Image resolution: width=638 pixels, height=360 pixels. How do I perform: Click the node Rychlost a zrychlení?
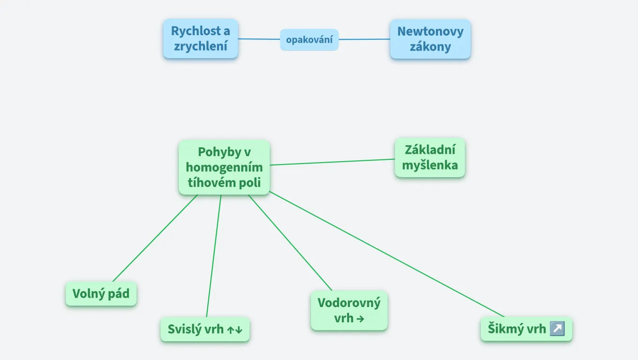pos(200,38)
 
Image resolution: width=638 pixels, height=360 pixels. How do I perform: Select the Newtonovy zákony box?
pos(430,39)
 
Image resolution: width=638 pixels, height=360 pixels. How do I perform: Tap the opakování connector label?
pos(309,40)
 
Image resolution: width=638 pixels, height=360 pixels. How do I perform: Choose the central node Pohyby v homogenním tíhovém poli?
pos(224,167)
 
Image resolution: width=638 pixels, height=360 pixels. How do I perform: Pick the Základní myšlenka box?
pos(430,157)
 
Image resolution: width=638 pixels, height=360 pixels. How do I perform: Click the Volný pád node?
pos(101,294)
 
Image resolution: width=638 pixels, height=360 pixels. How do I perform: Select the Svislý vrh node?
pos(205,329)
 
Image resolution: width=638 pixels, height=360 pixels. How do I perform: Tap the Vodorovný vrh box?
pos(349,310)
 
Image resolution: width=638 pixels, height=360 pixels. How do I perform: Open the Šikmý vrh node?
pos(526,329)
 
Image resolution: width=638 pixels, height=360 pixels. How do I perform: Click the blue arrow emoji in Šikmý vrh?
pos(557,329)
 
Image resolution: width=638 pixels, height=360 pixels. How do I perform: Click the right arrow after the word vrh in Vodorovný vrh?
pos(360,319)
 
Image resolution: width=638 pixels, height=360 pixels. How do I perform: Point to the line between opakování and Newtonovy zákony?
pos(364,39)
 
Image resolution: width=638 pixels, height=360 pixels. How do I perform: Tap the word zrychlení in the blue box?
pos(200,46)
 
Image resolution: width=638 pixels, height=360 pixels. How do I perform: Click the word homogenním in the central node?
pos(224,167)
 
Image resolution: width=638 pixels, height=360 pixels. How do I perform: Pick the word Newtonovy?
pos(430,31)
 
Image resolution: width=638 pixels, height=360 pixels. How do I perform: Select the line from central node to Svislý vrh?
pos(214,255)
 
